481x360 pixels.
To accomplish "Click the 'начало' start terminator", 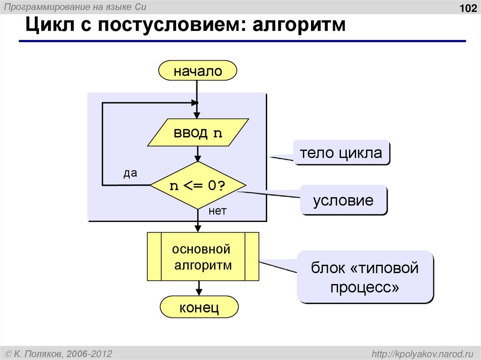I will (x=198, y=71).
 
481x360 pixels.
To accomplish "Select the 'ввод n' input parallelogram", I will (x=198, y=133).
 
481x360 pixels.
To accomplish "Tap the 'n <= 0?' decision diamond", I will (x=198, y=185).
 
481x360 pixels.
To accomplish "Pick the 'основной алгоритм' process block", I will (x=203, y=257).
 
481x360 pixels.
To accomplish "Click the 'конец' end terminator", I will (x=199, y=308).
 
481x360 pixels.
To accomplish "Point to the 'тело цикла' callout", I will (x=341, y=153).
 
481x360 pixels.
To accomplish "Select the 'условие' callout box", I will (x=344, y=200).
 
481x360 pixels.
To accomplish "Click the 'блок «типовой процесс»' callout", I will (x=365, y=277).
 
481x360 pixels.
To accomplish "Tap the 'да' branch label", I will (x=130, y=173).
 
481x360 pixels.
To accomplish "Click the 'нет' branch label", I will (x=217, y=211).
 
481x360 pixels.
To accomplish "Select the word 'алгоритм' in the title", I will (x=299, y=25).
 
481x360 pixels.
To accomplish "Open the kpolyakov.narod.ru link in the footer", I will (x=423, y=352).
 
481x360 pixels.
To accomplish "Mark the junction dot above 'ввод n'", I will (x=197, y=103).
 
